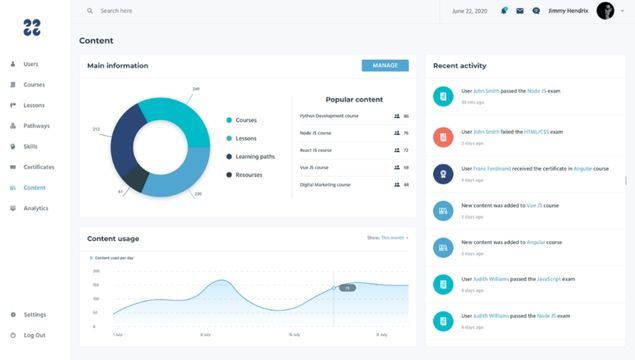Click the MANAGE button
tap(385, 66)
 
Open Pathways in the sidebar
tap(36, 126)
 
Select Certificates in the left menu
tap(38, 167)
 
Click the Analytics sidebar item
tap(35, 208)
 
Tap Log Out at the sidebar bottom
tap(34, 335)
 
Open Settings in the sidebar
tap(34, 314)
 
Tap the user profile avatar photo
tap(606, 11)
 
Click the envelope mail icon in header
tap(520, 11)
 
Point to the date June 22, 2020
tap(470, 11)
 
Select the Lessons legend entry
tap(245, 138)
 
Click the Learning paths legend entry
tap(255, 156)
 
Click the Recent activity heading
tap(459, 66)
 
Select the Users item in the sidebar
tap(31, 64)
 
